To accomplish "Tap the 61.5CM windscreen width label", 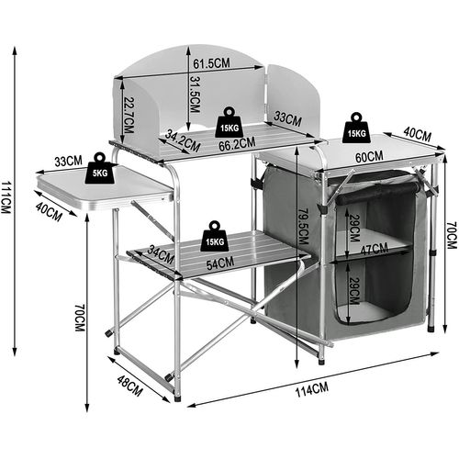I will [x=211, y=63].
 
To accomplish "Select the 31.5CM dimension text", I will [x=196, y=95].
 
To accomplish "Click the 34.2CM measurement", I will [x=184, y=139].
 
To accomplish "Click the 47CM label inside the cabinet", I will [x=372, y=248].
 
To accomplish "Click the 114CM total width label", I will [x=312, y=389].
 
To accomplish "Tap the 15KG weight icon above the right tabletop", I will [x=357, y=128].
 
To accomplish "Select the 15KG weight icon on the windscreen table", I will [x=229, y=122].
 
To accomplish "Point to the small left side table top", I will [x=106, y=188].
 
